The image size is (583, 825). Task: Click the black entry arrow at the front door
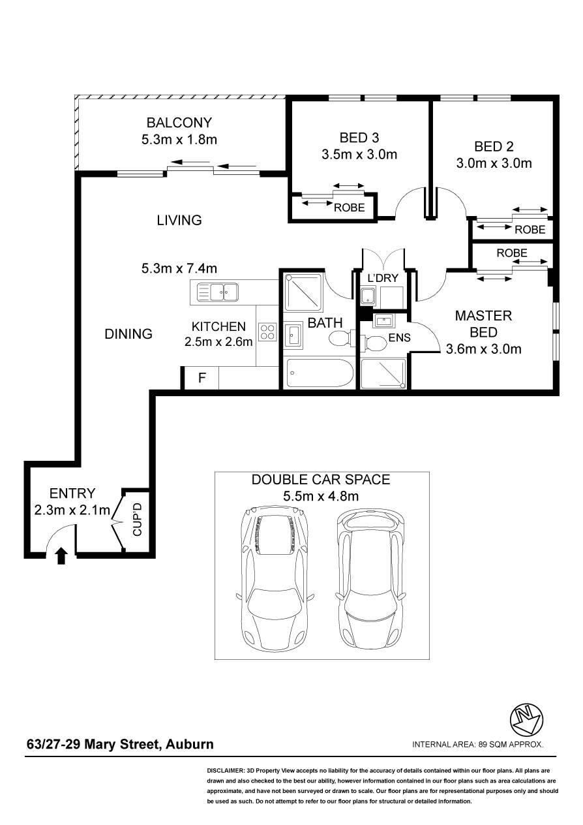pyautogui.click(x=61, y=556)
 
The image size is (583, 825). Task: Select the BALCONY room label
pyautogui.click(x=179, y=123)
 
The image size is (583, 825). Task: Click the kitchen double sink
pyautogui.click(x=218, y=293)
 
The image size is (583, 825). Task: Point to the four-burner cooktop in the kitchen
pyautogui.click(x=267, y=332)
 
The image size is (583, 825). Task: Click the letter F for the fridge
pyautogui.click(x=202, y=377)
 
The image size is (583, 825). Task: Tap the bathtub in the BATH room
pyautogui.click(x=320, y=373)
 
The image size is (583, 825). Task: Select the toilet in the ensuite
pyautogui.click(x=373, y=341)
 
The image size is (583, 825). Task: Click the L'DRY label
pyautogui.click(x=383, y=278)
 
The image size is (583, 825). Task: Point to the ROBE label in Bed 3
pyautogui.click(x=350, y=208)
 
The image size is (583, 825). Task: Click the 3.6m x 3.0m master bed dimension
pyautogui.click(x=484, y=349)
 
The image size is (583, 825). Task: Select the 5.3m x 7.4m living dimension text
pyautogui.click(x=179, y=268)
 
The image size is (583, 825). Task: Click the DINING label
pyautogui.click(x=128, y=334)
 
